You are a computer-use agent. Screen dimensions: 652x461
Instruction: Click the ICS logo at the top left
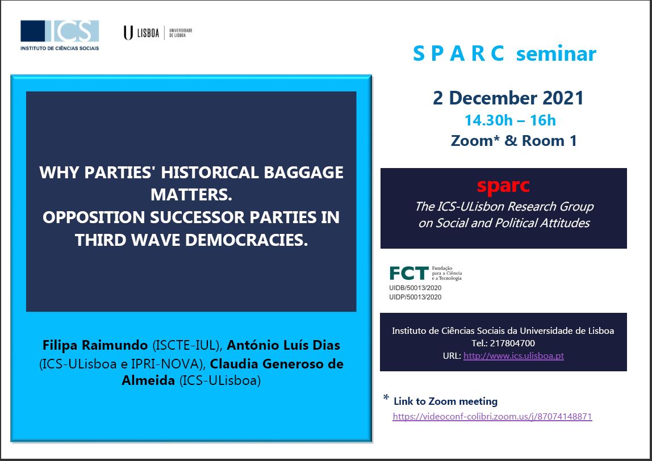(60, 35)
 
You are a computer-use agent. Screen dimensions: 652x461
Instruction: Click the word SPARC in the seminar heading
(459, 53)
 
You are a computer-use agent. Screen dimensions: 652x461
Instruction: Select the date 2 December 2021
(508, 98)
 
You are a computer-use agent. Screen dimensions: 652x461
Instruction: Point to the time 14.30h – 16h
(510, 120)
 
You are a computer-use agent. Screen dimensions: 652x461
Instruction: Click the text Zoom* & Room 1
(513, 140)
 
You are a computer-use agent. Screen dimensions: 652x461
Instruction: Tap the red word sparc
(503, 186)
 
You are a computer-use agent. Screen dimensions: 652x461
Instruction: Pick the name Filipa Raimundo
(95, 345)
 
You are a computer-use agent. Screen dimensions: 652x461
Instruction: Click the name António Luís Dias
(283, 345)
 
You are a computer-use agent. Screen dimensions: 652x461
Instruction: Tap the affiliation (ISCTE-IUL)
(186, 345)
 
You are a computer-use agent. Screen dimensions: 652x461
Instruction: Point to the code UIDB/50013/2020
(415, 288)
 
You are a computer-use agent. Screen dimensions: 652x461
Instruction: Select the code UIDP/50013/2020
(415, 297)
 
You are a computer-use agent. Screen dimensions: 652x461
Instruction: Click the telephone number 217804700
(513, 343)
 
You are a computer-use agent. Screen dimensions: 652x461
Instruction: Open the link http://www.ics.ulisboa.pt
(513, 356)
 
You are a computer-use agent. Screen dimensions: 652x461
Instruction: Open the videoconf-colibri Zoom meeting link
(492, 417)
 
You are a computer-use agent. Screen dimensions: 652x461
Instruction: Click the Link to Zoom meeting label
(445, 401)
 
